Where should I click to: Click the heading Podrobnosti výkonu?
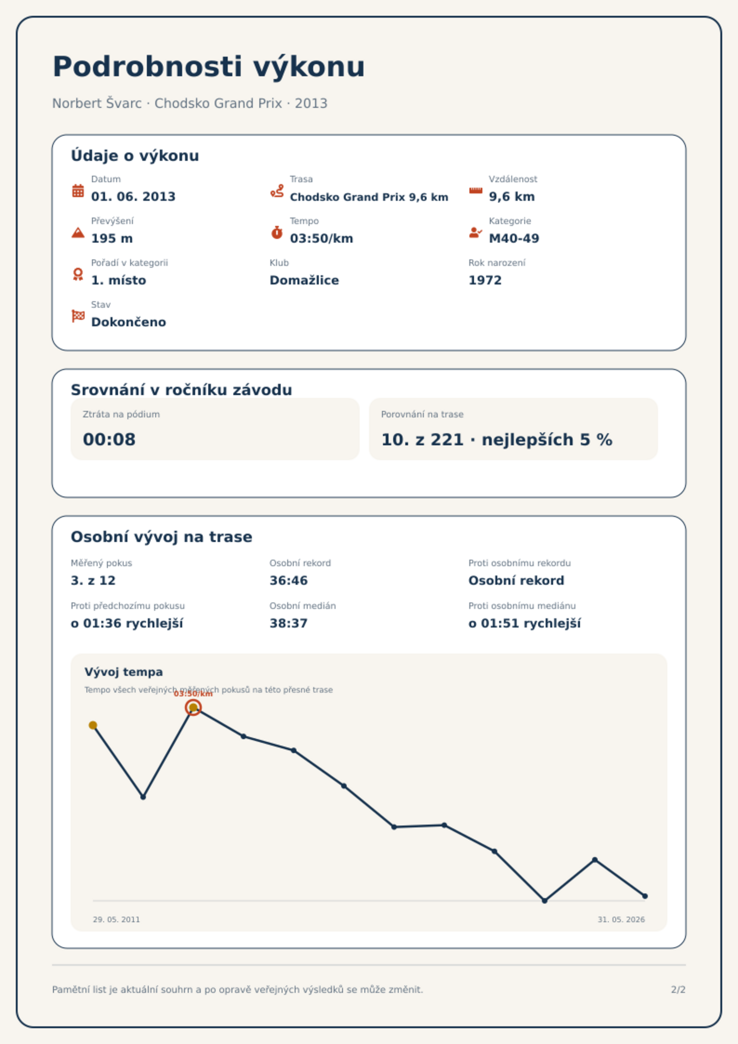pyautogui.click(x=209, y=67)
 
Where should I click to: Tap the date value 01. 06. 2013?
pyautogui.click(x=133, y=197)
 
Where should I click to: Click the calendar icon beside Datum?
pyautogui.click(x=78, y=191)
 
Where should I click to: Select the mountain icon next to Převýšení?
pyautogui.click(x=78, y=232)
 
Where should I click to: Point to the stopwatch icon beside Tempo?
pyautogui.click(x=277, y=232)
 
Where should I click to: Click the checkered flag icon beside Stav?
pyautogui.click(x=78, y=316)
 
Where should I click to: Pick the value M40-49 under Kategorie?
pyautogui.click(x=514, y=238)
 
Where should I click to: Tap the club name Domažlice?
pyautogui.click(x=304, y=280)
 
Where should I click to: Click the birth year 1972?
pyautogui.click(x=485, y=280)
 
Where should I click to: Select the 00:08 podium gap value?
pyautogui.click(x=109, y=440)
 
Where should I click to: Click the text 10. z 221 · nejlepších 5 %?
pyautogui.click(x=497, y=440)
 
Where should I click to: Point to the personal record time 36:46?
pyautogui.click(x=289, y=581)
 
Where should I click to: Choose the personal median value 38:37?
pyautogui.click(x=289, y=623)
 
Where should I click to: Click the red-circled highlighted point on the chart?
pyautogui.click(x=193, y=707)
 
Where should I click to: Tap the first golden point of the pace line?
pyautogui.click(x=93, y=725)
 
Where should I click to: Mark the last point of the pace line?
pyautogui.click(x=645, y=896)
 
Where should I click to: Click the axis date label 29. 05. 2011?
pyautogui.click(x=116, y=919)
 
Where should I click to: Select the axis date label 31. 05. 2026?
pyautogui.click(x=621, y=919)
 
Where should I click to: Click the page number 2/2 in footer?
pyautogui.click(x=679, y=990)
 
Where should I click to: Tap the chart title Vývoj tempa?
pyautogui.click(x=124, y=672)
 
